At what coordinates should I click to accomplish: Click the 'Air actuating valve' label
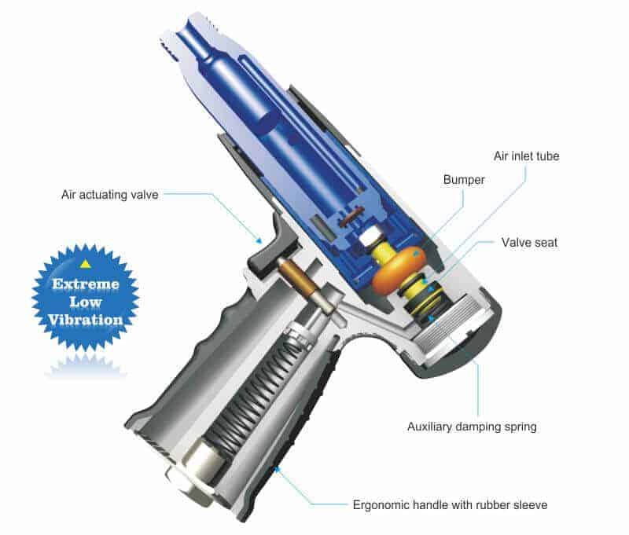pos(110,195)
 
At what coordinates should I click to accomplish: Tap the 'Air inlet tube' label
pos(526,156)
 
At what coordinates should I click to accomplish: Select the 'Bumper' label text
pos(464,180)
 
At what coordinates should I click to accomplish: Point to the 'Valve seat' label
pos(529,242)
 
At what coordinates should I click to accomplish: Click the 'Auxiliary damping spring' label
pos(472,427)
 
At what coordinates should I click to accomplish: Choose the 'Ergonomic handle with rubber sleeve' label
pos(450,504)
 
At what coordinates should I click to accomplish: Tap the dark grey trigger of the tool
pos(273,247)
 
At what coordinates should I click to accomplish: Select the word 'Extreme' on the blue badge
pos(86,284)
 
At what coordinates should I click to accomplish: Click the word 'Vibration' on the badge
pos(86,320)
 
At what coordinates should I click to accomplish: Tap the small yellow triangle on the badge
pos(85,264)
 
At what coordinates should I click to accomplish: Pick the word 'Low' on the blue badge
pos(86,302)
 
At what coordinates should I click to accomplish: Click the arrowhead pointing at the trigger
pos(259,241)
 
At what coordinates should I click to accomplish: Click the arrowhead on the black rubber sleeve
pos(276,468)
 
